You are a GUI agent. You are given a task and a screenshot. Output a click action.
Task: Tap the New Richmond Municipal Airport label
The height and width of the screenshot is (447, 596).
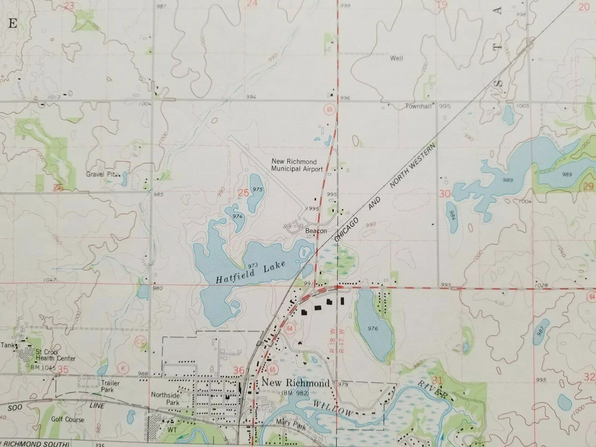[297, 165]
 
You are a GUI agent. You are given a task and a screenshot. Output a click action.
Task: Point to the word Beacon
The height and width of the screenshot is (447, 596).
[316, 231]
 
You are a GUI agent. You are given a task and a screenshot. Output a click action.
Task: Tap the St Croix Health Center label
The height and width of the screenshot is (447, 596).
[55, 354]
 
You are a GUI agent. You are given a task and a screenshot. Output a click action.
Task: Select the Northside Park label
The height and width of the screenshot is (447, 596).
[165, 399]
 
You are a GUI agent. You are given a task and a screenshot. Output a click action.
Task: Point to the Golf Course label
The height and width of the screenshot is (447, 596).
[67, 419]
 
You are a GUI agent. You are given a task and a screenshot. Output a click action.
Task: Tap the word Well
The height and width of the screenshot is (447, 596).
[396, 58]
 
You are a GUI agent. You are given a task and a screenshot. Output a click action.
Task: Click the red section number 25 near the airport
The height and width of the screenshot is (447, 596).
[243, 193]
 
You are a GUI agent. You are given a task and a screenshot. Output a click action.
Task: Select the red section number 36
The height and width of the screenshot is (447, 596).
[239, 371]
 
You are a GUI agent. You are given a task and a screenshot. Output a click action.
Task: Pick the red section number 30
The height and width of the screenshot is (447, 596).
[444, 194]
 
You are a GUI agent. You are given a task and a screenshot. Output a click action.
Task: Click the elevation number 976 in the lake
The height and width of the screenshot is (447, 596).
[372, 328]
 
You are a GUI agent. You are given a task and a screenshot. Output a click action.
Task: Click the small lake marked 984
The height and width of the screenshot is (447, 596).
[452, 217]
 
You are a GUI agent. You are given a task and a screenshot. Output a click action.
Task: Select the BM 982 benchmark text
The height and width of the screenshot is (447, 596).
[294, 393]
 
